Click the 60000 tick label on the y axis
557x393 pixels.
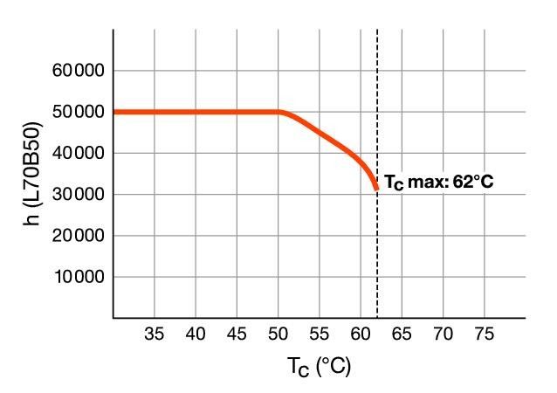pos(78,71)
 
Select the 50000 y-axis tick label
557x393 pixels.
pos(78,112)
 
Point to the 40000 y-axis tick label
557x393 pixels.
pos(78,154)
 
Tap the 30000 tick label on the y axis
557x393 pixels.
pos(78,195)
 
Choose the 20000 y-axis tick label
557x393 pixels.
pos(78,236)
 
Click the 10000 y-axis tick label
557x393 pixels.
pos(78,278)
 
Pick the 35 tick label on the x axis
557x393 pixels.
pos(155,334)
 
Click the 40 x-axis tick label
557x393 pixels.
pos(196,334)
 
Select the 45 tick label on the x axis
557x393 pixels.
pos(237,334)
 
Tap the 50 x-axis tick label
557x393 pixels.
pos(278,334)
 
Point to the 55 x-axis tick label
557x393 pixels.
pos(320,334)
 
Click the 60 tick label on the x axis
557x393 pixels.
pos(361,334)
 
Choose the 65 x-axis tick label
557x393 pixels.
pos(402,334)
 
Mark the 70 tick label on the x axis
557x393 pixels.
pos(444,334)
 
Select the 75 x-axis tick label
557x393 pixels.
pos(485,334)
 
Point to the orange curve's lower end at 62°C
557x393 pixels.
pos(376,188)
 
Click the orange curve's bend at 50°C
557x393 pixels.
pos(280,112)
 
